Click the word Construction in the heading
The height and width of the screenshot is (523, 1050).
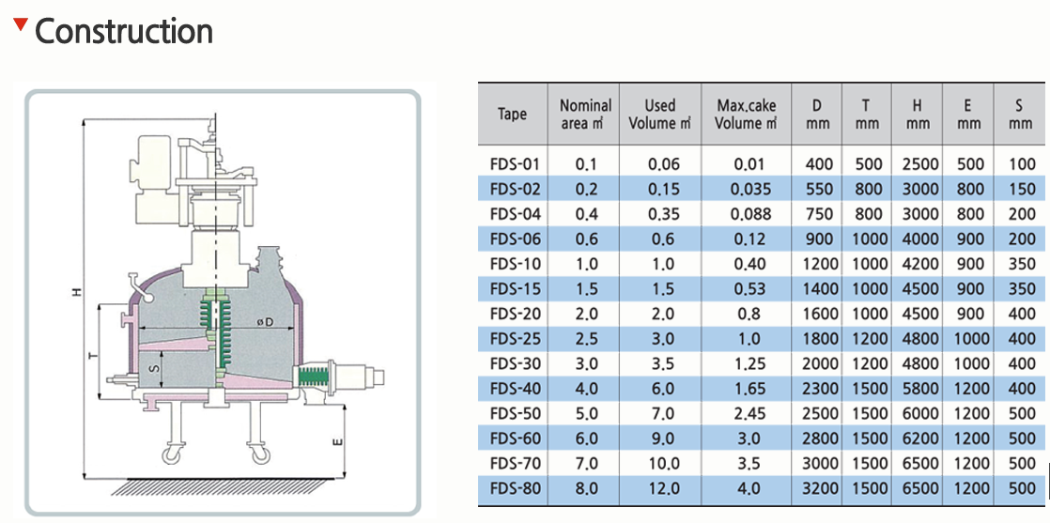(x=124, y=32)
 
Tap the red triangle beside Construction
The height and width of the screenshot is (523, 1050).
(x=21, y=25)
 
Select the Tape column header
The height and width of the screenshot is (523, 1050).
(x=512, y=114)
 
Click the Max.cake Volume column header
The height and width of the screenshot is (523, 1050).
(x=747, y=115)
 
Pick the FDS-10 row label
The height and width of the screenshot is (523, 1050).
(x=512, y=263)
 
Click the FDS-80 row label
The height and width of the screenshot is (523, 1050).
(x=512, y=488)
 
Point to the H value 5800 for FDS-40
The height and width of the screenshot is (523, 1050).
(x=917, y=389)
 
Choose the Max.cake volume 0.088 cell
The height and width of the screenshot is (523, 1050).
(x=747, y=214)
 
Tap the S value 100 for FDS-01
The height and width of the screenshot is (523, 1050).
(x=1021, y=163)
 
